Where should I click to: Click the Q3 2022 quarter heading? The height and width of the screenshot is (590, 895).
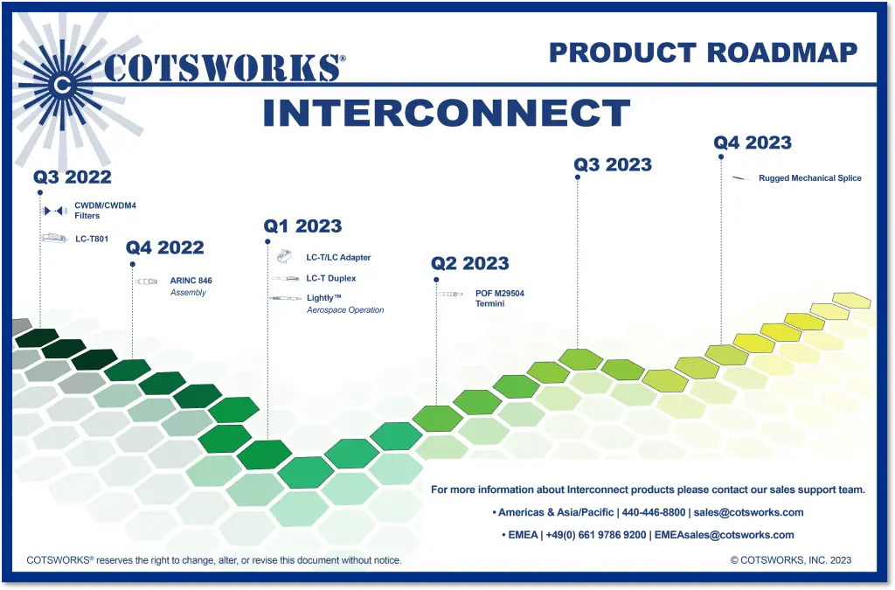(x=73, y=177)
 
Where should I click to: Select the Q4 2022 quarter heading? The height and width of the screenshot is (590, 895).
(x=164, y=247)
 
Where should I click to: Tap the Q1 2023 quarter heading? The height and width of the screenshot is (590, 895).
(x=302, y=226)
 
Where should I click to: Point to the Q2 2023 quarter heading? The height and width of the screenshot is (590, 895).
(x=470, y=263)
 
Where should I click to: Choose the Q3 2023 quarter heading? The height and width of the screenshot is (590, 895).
(x=613, y=164)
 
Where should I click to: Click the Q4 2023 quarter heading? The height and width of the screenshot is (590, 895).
(x=753, y=142)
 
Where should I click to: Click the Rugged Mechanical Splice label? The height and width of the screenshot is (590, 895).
(x=809, y=178)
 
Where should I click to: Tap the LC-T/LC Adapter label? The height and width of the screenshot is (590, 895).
(x=338, y=258)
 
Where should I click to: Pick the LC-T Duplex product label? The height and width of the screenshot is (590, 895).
(x=330, y=279)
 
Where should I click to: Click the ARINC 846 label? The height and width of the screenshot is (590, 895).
(x=191, y=281)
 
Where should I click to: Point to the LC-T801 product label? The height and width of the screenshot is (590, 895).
(x=92, y=238)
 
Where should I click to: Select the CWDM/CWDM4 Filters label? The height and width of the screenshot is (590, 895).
(x=105, y=211)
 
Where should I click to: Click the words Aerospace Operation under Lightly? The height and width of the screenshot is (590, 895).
(x=344, y=310)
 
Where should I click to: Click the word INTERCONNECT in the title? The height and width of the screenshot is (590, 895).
(x=446, y=114)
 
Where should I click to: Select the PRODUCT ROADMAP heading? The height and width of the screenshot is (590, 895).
(x=703, y=52)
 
